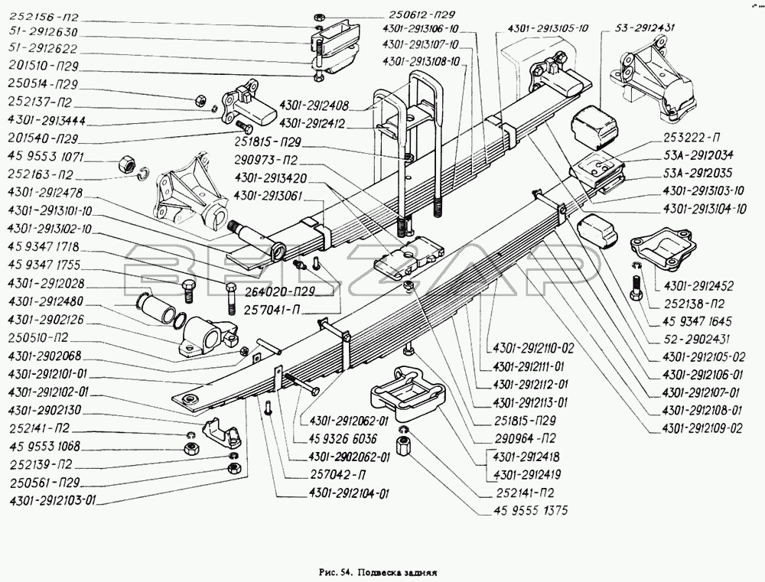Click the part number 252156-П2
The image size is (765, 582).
point(43,18)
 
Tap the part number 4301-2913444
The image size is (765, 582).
point(47,121)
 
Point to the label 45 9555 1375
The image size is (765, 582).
point(523,510)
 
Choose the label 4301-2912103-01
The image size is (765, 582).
point(53,500)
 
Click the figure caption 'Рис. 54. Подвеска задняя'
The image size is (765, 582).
point(377,571)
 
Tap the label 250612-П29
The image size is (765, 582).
point(422,15)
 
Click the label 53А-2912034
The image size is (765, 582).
point(698,155)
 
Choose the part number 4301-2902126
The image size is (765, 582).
point(47,320)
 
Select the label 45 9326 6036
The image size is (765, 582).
point(343,438)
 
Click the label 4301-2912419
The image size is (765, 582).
point(526,474)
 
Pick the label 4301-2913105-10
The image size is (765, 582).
point(548,28)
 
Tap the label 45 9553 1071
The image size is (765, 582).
point(47,157)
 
